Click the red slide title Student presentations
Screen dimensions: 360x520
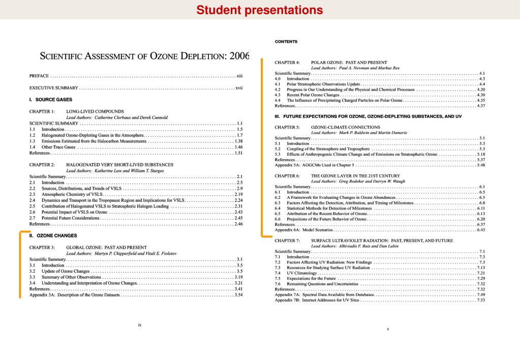coord(260,10)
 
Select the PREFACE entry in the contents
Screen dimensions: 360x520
coord(39,76)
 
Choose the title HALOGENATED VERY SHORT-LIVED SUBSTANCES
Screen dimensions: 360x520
coord(119,165)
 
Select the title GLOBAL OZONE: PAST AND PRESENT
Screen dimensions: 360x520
coord(106,247)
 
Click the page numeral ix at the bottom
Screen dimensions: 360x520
coord(140,324)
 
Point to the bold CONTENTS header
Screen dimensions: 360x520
coord(286,41)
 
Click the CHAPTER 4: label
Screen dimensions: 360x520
coord(287,63)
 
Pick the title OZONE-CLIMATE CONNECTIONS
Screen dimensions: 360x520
coord(345,127)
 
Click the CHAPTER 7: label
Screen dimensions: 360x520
coord(287,240)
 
